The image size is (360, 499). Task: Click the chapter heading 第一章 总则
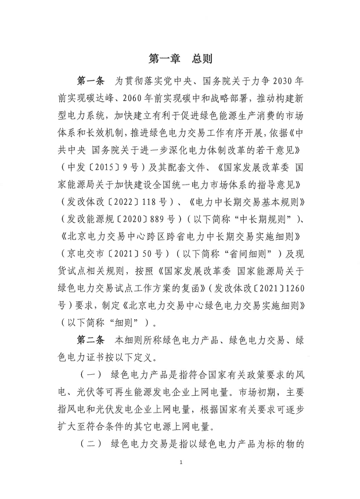pos(180,59)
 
